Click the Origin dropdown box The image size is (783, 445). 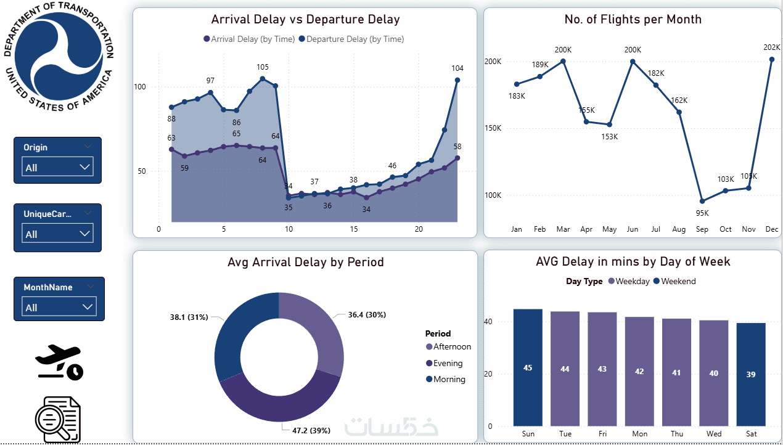tap(57, 167)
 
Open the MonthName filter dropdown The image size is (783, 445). tap(59, 307)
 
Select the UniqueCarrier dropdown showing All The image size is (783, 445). tap(57, 234)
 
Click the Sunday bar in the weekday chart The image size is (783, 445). tap(528, 367)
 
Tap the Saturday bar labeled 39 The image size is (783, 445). tap(750, 374)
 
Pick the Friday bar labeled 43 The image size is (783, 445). tap(602, 369)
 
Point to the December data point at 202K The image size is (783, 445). tap(772, 59)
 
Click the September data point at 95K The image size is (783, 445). tap(702, 201)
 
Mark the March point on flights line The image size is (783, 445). tap(563, 61)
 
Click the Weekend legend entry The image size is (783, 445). tap(674, 281)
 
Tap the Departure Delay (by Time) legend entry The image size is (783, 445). tap(351, 39)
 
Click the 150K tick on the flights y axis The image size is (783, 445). tap(493, 128)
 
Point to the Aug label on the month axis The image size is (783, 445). tap(679, 229)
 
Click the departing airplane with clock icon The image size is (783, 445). tap(59, 362)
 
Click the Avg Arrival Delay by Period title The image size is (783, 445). tap(305, 262)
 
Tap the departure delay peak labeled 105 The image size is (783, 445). tap(263, 78)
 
